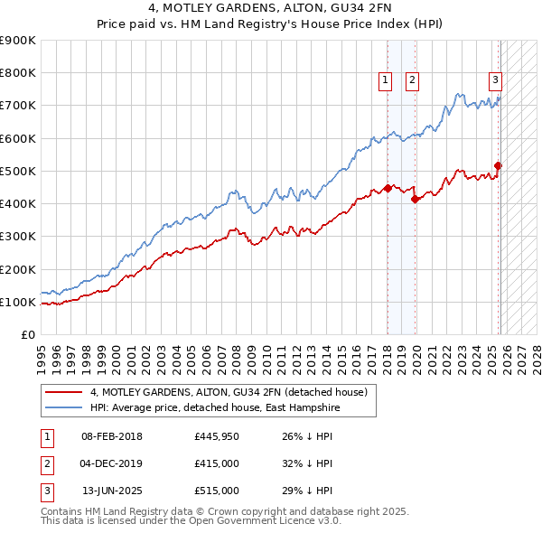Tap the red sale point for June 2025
pyautogui.click(x=498, y=165)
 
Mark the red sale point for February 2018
pyautogui.click(x=388, y=188)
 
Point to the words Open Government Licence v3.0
pyautogui.click(x=261, y=521)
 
